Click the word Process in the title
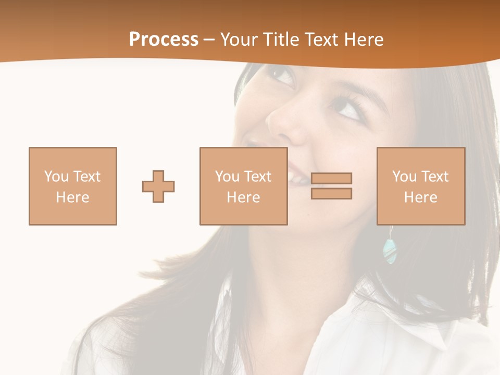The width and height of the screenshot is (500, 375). point(164,40)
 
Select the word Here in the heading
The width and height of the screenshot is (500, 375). point(362,40)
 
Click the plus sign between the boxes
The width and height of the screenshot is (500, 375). point(158,186)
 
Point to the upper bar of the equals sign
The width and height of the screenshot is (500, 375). point(331,178)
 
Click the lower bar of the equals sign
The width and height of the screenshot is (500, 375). point(331,193)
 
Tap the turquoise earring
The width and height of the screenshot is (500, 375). point(389,251)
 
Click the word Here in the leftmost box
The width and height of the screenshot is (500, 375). point(72,197)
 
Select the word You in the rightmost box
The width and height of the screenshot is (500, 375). point(404,177)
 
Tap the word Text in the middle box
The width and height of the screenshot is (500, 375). point(257,177)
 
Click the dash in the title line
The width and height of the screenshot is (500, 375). point(209,40)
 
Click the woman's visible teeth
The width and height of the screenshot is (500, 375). point(298,178)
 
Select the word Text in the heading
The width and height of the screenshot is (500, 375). point(321,40)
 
